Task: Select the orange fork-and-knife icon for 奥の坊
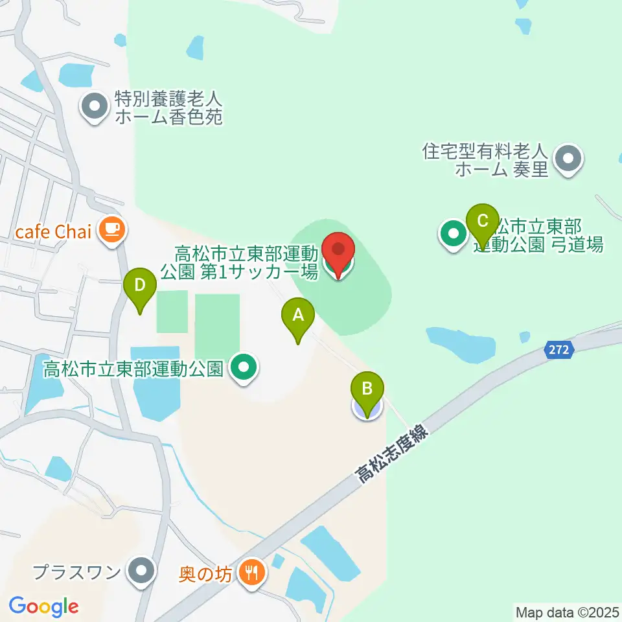point(250,573)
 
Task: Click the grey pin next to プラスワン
point(141,571)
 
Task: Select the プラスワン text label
point(76,572)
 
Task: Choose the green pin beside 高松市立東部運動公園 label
point(244,369)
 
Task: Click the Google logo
point(44,606)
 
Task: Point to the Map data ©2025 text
point(568,612)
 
